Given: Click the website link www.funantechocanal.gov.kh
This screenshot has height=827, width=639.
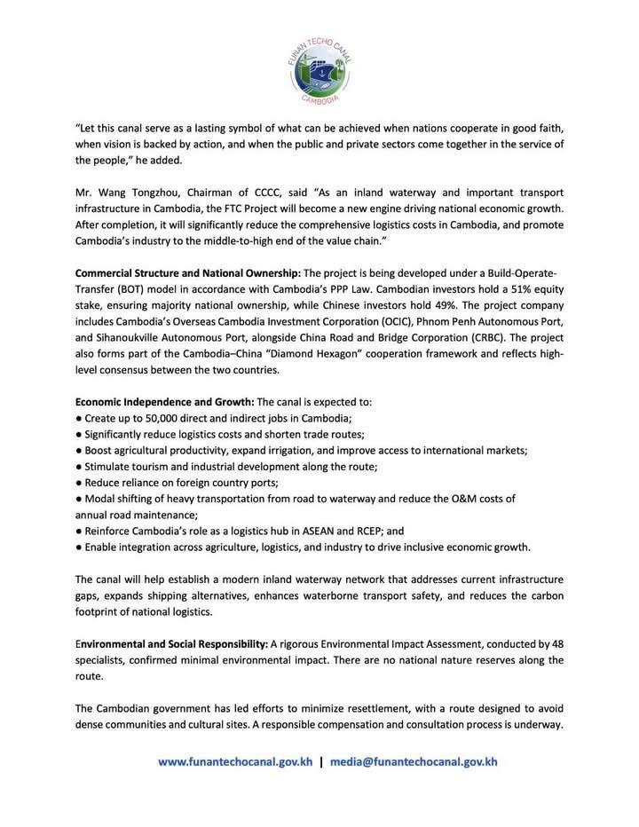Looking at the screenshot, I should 234,761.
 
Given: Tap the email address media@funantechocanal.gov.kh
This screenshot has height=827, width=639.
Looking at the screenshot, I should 414,761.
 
